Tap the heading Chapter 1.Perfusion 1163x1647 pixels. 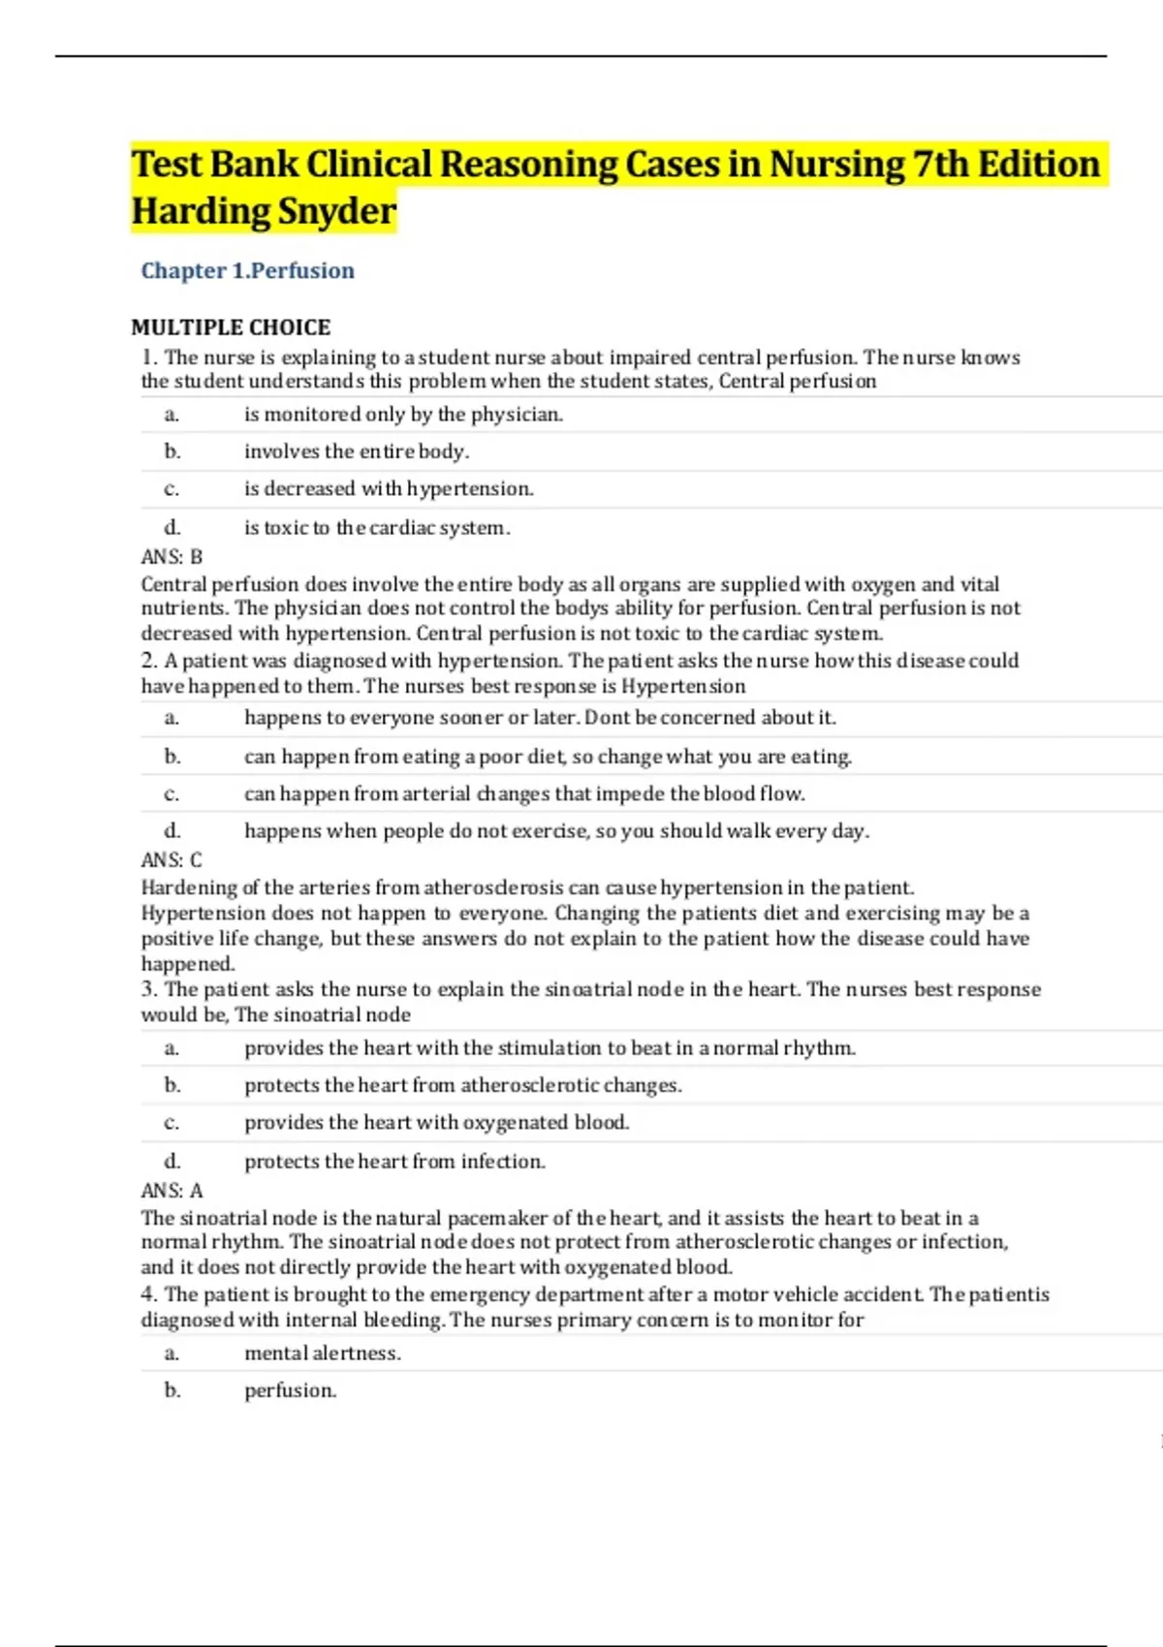pos(247,270)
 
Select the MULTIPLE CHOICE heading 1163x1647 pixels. pos(231,327)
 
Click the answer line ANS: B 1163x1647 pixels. pos(172,557)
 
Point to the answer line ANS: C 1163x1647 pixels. pos(172,860)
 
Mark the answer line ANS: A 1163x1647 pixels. pos(172,1191)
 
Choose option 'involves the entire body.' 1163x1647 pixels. pos(357,451)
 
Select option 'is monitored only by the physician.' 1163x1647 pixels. pos(403,415)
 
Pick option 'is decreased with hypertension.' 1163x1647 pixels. pos(389,489)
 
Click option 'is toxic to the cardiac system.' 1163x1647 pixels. pos(377,528)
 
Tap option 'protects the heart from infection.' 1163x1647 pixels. pos(394,1162)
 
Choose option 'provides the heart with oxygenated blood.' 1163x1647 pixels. pos(436,1123)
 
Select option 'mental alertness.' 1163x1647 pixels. pos(322,1353)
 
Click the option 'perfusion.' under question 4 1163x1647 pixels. pos(290,1391)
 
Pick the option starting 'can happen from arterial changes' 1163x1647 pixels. pos(524,794)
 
